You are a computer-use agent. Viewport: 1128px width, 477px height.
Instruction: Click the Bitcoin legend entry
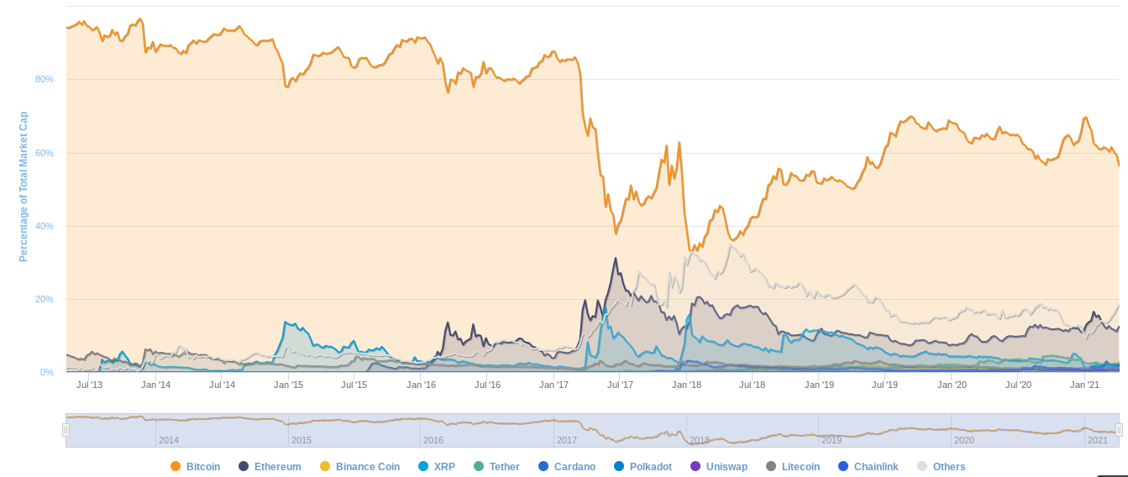point(196,466)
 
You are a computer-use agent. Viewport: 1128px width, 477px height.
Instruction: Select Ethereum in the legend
point(270,466)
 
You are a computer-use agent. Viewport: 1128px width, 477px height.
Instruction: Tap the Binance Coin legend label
point(360,466)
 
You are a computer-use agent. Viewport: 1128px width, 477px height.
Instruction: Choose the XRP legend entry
point(437,466)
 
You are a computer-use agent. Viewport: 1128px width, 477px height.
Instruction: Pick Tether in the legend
point(496,466)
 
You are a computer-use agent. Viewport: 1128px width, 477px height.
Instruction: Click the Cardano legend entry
point(566,466)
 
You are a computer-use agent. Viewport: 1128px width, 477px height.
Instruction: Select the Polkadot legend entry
point(643,466)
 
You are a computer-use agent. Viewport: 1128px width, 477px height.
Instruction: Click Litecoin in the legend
point(793,466)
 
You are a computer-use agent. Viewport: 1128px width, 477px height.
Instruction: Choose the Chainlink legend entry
point(868,466)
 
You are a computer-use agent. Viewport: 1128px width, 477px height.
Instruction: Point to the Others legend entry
point(942,466)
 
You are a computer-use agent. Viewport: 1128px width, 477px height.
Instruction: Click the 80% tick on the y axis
point(45,79)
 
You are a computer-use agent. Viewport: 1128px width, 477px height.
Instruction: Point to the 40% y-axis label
point(45,226)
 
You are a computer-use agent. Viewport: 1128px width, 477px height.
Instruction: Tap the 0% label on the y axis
point(47,372)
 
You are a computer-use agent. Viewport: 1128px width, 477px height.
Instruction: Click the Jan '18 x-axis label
point(686,385)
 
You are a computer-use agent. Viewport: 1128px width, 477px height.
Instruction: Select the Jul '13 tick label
point(89,385)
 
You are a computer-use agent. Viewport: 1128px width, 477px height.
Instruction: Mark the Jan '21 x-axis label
point(1084,385)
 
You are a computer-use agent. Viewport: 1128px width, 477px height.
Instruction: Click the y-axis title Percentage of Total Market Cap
point(24,187)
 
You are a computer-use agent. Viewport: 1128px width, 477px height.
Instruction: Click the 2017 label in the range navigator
point(566,440)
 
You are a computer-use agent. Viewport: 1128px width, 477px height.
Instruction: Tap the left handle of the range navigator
point(66,430)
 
